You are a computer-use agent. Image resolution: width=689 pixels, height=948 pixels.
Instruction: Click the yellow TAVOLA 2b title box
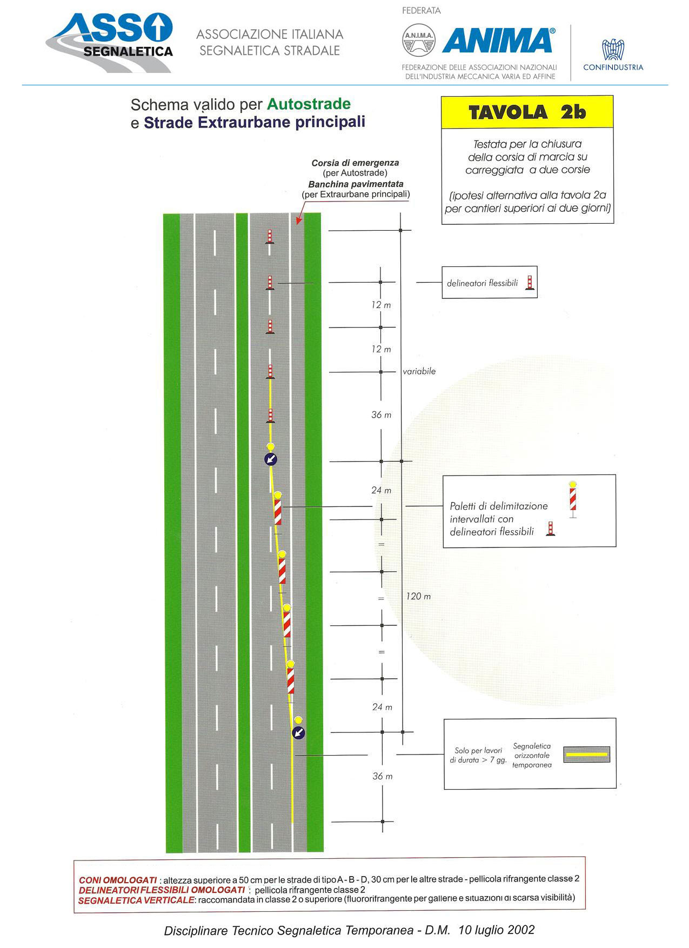(x=527, y=112)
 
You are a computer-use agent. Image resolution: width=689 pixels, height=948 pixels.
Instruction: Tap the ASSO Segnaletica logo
(x=110, y=43)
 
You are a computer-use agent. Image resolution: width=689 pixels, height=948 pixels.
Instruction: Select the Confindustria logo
(x=613, y=55)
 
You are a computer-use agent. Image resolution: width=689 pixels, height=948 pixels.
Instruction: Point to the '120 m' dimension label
(x=418, y=596)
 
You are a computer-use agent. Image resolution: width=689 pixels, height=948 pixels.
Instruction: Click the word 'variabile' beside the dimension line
(x=419, y=371)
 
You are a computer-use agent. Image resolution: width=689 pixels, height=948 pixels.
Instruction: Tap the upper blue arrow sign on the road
(x=270, y=459)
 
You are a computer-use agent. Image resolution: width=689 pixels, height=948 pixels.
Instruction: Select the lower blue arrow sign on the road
(x=298, y=733)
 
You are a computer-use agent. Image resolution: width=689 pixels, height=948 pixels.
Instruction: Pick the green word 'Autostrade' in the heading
(x=309, y=104)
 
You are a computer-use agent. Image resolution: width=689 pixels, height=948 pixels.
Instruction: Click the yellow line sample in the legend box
(x=586, y=754)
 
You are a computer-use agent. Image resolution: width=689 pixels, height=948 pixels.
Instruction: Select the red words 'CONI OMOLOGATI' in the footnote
(x=118, y=880)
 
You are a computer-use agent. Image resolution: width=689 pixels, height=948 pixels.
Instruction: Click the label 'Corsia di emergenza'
(x=355, y=163)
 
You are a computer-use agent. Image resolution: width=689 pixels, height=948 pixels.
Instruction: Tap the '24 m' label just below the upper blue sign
(x=381, y=490)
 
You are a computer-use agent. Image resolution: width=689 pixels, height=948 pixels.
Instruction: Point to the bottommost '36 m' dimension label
(x=382, y=776)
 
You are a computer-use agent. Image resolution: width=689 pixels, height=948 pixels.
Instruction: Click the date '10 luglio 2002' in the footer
(x=497, y=930)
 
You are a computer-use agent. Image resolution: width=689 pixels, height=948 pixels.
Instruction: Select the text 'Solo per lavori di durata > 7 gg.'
(x=478, y=755)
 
